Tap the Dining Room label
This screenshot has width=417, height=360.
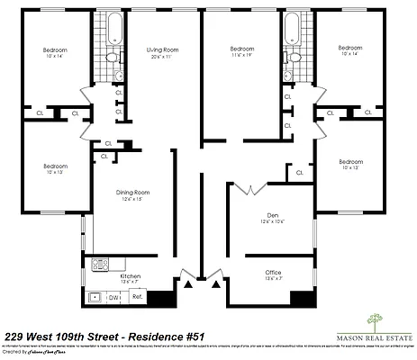(131, 193)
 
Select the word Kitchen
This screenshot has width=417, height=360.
(130, 274)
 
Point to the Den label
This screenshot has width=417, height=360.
(271, 216)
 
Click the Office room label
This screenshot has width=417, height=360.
(273, 273)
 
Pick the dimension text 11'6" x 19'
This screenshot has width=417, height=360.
(242, 56)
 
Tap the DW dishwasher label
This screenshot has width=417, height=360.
(113, 296)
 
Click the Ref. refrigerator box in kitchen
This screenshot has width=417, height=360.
(138, 296)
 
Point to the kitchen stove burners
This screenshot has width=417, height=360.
(99, 265)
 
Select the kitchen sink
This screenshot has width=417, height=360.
(94, 296)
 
